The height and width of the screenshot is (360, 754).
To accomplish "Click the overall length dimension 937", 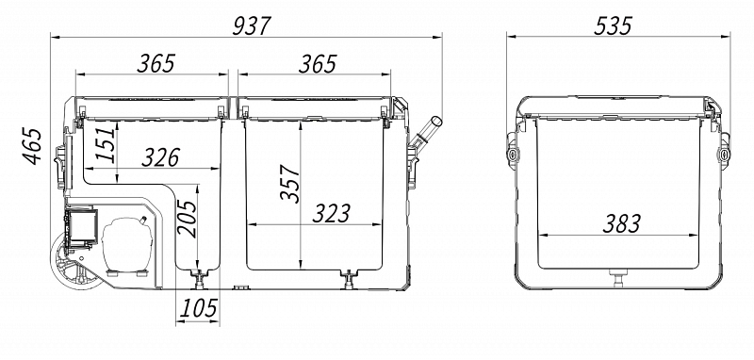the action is click(x=252, y=26).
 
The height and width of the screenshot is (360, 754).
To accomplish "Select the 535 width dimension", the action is click(x=613, y=26).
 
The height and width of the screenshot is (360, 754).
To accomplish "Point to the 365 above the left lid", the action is click(x=156, y=64).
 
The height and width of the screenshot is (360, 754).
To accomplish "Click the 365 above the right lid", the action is click(x=318, y=64).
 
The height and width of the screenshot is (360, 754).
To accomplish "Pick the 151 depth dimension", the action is click(x=107, y=142).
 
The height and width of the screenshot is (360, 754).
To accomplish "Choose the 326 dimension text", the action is click(x=161, y=157).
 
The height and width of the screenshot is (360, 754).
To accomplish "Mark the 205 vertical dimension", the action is click(x=187, y=220).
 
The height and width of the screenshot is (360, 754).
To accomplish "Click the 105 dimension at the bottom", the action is click(x=198, y=308).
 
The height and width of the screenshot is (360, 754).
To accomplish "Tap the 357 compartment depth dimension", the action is click(x=290, y=184).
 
